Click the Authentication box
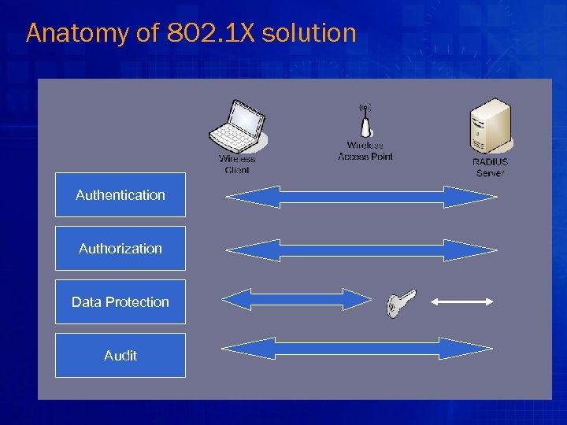[120, 195]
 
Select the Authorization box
[120, 249]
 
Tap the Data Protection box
[120, 302]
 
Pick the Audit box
[120, 356]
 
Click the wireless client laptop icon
[239, 128]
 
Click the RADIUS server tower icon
[490, 126]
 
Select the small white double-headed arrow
[462, 301]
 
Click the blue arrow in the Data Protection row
[296, 299]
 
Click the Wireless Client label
[237, 164]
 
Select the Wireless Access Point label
[365, 151]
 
